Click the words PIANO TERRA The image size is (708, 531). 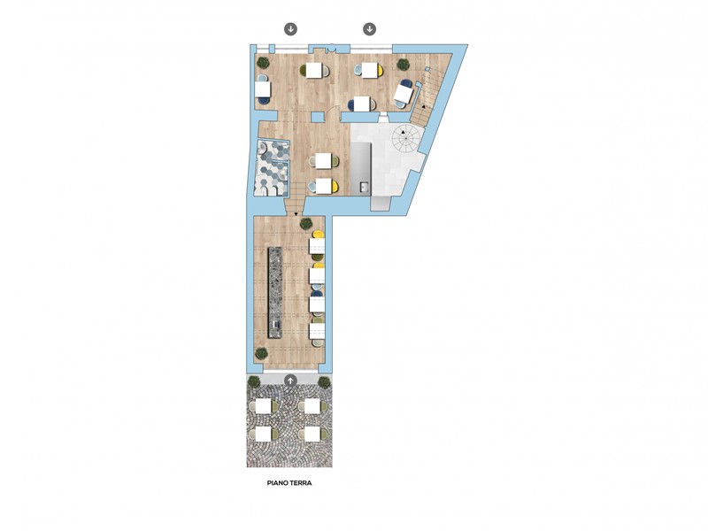pos(289,482)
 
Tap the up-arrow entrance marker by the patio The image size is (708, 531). pos(290,381)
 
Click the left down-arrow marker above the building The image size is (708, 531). pos(290,29)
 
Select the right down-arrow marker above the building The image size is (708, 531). pos(370,29)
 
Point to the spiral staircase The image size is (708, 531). pos(405,138)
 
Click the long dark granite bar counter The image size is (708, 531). pos(274,293)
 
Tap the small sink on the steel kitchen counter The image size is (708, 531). pos(364,187)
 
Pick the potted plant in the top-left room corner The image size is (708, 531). pos(263,63)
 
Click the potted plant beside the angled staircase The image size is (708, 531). pos(404,65)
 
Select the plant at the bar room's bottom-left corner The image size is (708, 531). pos(261,353)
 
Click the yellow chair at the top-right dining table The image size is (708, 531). pos(381,70)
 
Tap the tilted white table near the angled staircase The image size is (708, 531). pos(404,94)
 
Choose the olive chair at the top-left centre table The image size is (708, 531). pos(303,70)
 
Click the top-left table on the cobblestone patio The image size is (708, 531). pos(264,406)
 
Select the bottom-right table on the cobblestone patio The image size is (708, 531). pos(312,435)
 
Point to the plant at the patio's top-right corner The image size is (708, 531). pos(324,382)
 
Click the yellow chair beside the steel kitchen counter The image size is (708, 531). pos(335,186)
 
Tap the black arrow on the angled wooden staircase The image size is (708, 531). pos(424,106)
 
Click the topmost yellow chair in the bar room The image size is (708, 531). pos(318,235)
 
